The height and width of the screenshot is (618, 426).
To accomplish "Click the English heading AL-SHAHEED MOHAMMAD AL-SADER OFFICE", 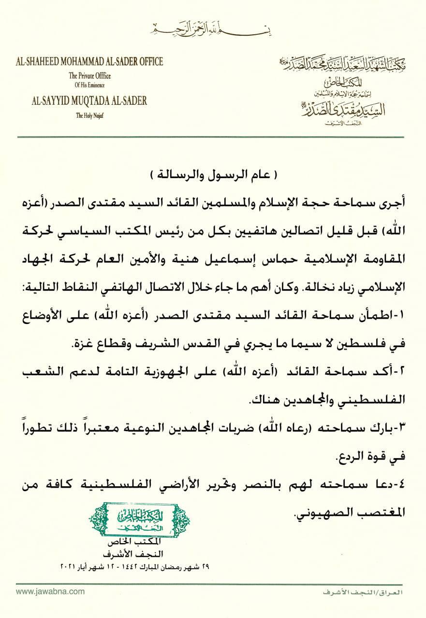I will pyautogui.click(x=89, y=61).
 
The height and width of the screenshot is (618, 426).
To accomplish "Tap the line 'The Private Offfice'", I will pyautogui.click(x=89, y=76).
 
